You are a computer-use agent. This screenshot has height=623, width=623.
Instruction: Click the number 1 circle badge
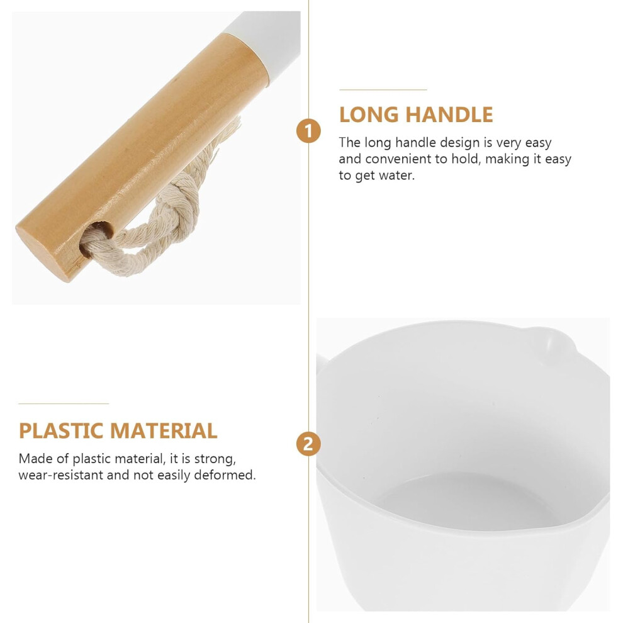[x=308, y=131]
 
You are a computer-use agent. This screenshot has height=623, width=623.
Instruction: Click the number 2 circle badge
[x=308, y=444]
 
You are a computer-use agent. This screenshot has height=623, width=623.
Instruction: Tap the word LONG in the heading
[x=369, y=115]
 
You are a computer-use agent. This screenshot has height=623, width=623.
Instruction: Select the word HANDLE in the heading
[x=449, y=115]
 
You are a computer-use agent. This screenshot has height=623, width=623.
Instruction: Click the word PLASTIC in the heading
[x=62, y=430]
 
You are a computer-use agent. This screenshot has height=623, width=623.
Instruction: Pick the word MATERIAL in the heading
[x=164, y=430]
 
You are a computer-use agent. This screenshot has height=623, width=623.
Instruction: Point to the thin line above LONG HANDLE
[x=383, y=90]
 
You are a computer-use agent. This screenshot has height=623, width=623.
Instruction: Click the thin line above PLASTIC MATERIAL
[x=64, y=403]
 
